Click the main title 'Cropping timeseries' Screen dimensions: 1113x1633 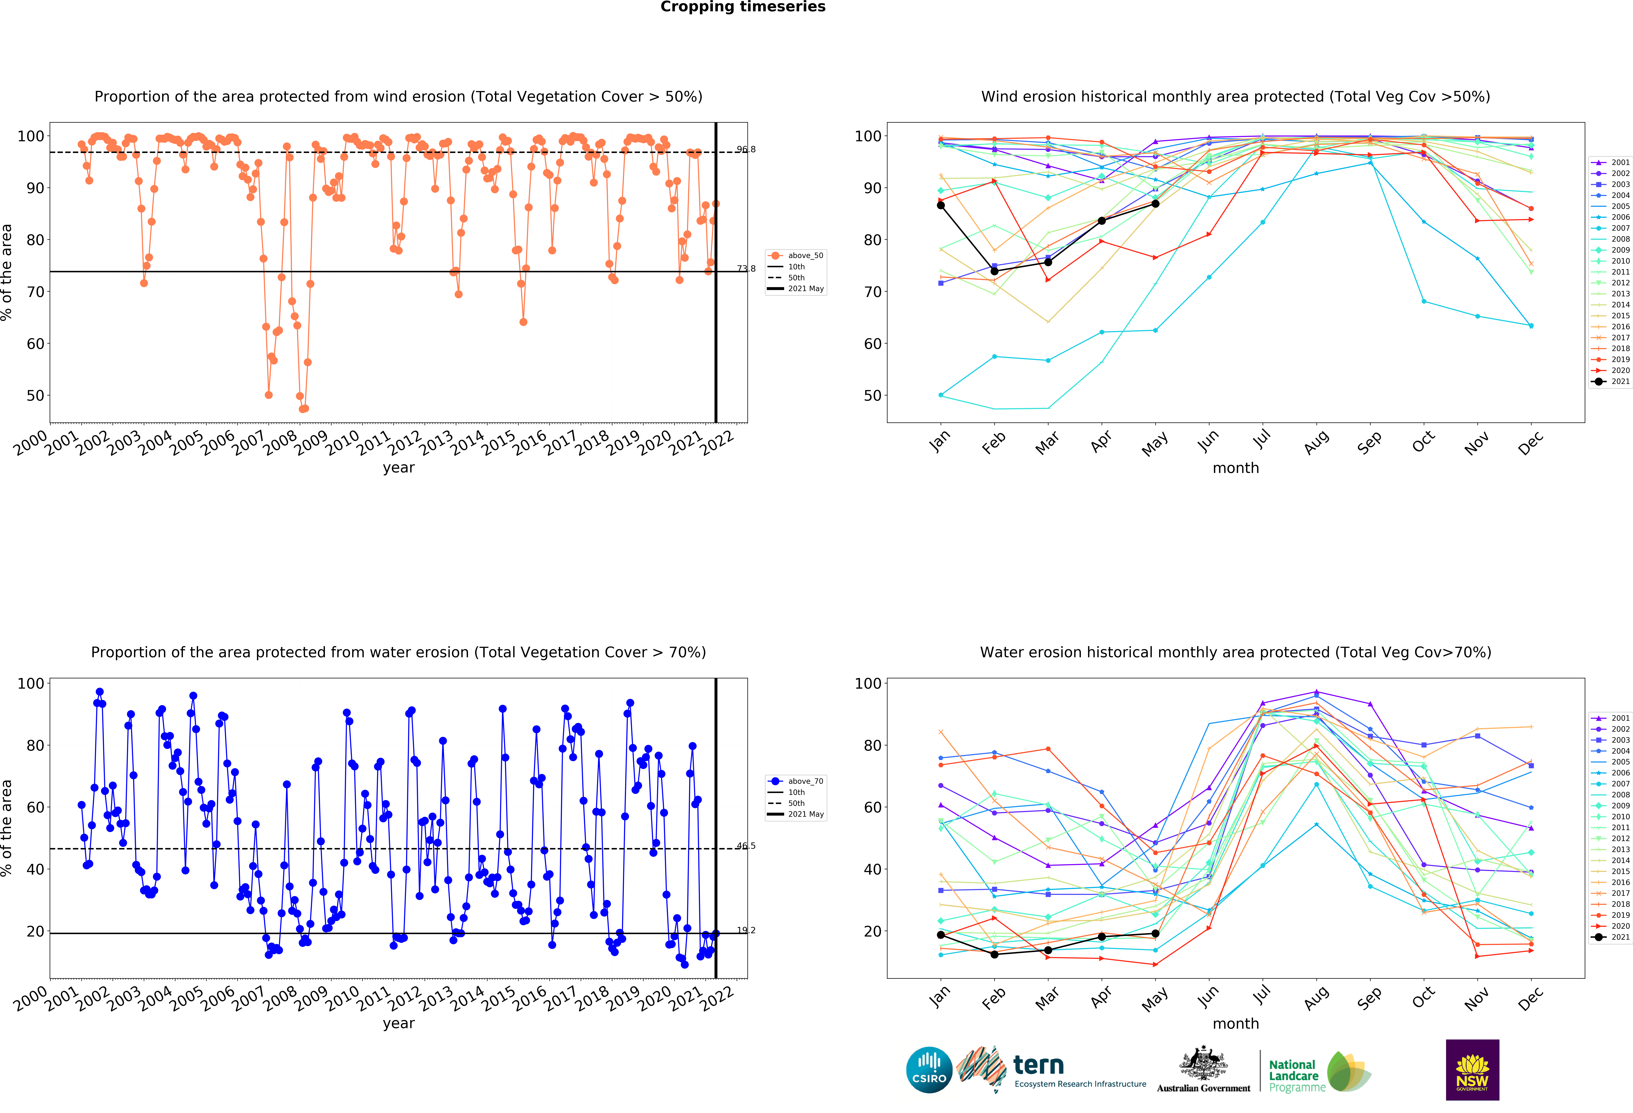[743, 7]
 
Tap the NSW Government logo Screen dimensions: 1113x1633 [1472, 1069]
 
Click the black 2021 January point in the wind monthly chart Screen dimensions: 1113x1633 [941, 205]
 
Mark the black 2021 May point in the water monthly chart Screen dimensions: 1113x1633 [1155, 933]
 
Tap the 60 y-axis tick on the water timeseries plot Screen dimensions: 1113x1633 [35, 807]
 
